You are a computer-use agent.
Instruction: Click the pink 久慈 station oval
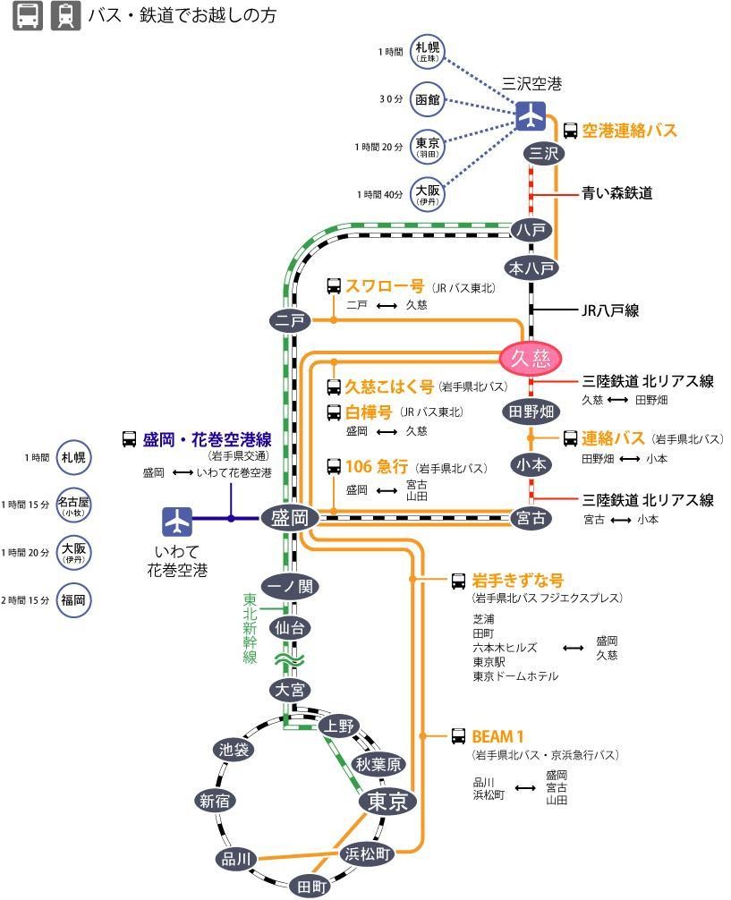point(531,359)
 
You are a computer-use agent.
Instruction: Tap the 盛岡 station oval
point(290,518)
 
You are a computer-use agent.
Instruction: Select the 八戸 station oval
point(531,230)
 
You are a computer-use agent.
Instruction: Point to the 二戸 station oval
point(290,319)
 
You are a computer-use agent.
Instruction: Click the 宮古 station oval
point(531,518)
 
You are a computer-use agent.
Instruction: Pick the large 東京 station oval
point(387,802)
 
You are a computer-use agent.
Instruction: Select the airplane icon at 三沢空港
point(531,115)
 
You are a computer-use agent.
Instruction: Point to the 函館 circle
point(428,99)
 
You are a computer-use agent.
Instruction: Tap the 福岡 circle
point(72,599)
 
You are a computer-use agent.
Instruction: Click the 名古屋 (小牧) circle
point(72,505)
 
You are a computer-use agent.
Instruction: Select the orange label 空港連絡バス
point(629,131)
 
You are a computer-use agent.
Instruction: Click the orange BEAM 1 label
point(497,736)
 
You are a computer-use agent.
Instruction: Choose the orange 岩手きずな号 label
point(518,580)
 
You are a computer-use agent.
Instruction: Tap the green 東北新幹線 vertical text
point(251,628)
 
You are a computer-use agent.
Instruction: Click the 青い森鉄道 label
point(617,192)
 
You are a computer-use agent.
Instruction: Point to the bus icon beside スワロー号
point(334,286)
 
